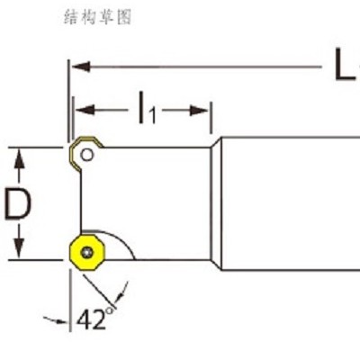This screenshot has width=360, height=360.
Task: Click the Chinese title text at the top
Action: coord(98,17)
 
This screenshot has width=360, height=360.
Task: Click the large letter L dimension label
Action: coord(345,65)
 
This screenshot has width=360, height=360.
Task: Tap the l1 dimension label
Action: coord(148,109)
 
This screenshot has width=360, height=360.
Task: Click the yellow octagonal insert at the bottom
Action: coord(87,253)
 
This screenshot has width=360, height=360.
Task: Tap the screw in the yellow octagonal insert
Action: coord(87,253)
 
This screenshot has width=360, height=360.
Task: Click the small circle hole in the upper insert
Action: coord(87,155)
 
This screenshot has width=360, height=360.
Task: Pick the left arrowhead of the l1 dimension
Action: coord(85,109)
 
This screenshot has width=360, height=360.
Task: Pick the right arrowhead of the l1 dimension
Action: coord(199,110)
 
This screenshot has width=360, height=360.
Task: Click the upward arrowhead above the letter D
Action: coord(20,159)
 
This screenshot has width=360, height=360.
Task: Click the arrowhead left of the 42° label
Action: coord(59,321)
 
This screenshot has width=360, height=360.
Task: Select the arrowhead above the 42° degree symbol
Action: coord(120,296)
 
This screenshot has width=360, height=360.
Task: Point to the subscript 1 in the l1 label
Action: coord(153,116)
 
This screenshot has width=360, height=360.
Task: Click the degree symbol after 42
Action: coord(110,310)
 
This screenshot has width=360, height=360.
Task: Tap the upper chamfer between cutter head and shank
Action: coord(216,142)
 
